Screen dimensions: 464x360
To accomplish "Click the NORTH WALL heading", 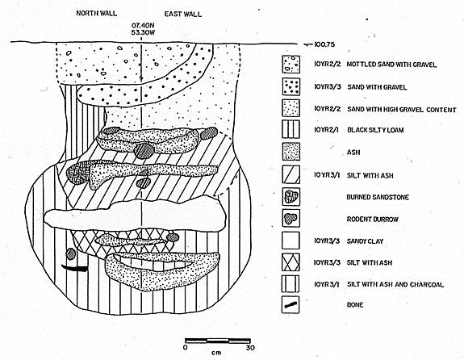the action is (97, 14).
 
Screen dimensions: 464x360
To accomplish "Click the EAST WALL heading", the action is (183, 15).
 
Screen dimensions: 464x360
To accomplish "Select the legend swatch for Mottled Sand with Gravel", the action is (291, 65).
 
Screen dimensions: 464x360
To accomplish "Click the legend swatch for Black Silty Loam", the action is (291, 129).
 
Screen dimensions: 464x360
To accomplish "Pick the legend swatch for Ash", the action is (291, 152).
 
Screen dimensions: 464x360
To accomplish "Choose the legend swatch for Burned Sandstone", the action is (291, 197).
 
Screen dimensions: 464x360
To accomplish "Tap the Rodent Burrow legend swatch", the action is (291, 219).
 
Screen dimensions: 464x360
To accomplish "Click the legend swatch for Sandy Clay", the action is (291, 241).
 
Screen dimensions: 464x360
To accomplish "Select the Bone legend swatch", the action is (291, 304).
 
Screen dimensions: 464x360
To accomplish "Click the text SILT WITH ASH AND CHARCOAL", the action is (395, 284).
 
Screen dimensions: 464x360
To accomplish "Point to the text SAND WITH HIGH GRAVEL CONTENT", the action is (402, 110).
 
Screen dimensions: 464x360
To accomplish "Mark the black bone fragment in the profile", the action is (75, 268).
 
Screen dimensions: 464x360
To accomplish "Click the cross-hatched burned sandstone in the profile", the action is (77, 173).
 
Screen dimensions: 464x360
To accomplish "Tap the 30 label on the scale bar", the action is (250, 348).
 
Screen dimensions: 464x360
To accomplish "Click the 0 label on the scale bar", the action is (186, 348).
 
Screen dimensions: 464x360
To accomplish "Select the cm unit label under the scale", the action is (216, 353).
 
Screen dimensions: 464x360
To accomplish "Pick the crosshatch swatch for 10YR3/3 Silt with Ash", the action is (291, 262).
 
